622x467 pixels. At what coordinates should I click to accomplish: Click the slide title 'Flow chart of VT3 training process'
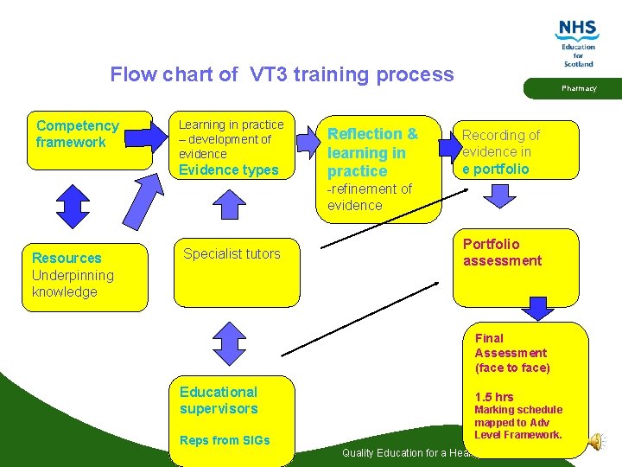pos(282,74)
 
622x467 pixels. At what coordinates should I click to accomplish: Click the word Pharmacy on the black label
pos(579,88)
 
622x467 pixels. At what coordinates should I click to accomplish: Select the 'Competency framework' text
pos(77,134)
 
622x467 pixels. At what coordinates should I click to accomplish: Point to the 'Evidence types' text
pos(228,170)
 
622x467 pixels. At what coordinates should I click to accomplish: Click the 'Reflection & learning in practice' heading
pos(372,152)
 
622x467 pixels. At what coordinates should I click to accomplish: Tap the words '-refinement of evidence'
pos(369,196)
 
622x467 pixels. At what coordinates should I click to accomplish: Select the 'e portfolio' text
pos(495,169)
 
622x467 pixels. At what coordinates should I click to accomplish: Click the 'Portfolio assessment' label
pos(502,252)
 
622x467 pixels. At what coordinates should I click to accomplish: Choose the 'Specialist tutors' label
pos(232,253)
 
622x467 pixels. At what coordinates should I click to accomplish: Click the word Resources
pos(67,258)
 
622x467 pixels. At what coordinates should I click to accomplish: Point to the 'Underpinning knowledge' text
pos(73,283)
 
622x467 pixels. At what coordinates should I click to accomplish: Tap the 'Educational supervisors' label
pos(219,400)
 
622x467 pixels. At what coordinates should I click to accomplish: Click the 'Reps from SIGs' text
pos(225,440)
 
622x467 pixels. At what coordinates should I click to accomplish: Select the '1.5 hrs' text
pos(493,397)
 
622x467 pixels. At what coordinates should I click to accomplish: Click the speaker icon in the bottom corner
pos(595,441)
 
